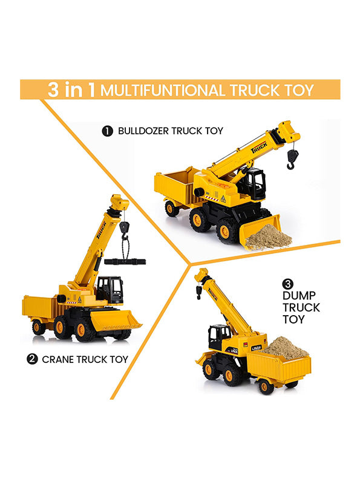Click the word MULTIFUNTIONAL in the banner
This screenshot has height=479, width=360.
coord(163,91)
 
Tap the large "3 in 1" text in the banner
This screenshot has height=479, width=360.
coord(71,90)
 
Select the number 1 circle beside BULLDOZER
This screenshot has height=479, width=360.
coord(107,131)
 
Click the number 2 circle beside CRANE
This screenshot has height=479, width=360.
coord(32,359)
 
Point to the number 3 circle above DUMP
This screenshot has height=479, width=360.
coord(288,284)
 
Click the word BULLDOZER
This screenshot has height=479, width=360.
coord(143,131)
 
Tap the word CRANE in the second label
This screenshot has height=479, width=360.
coord(58,360)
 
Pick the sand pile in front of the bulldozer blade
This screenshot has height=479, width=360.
coord(269,236)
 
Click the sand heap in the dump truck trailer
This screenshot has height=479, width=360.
coord(286,348)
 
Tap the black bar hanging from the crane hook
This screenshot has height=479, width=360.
coord(125,262)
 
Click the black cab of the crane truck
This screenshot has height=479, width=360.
coord(110,290)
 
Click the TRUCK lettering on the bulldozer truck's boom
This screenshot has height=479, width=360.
coord(259,147)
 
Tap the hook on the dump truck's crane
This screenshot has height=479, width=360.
coord(198,292)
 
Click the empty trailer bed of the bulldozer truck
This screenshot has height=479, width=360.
coord(174,185)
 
